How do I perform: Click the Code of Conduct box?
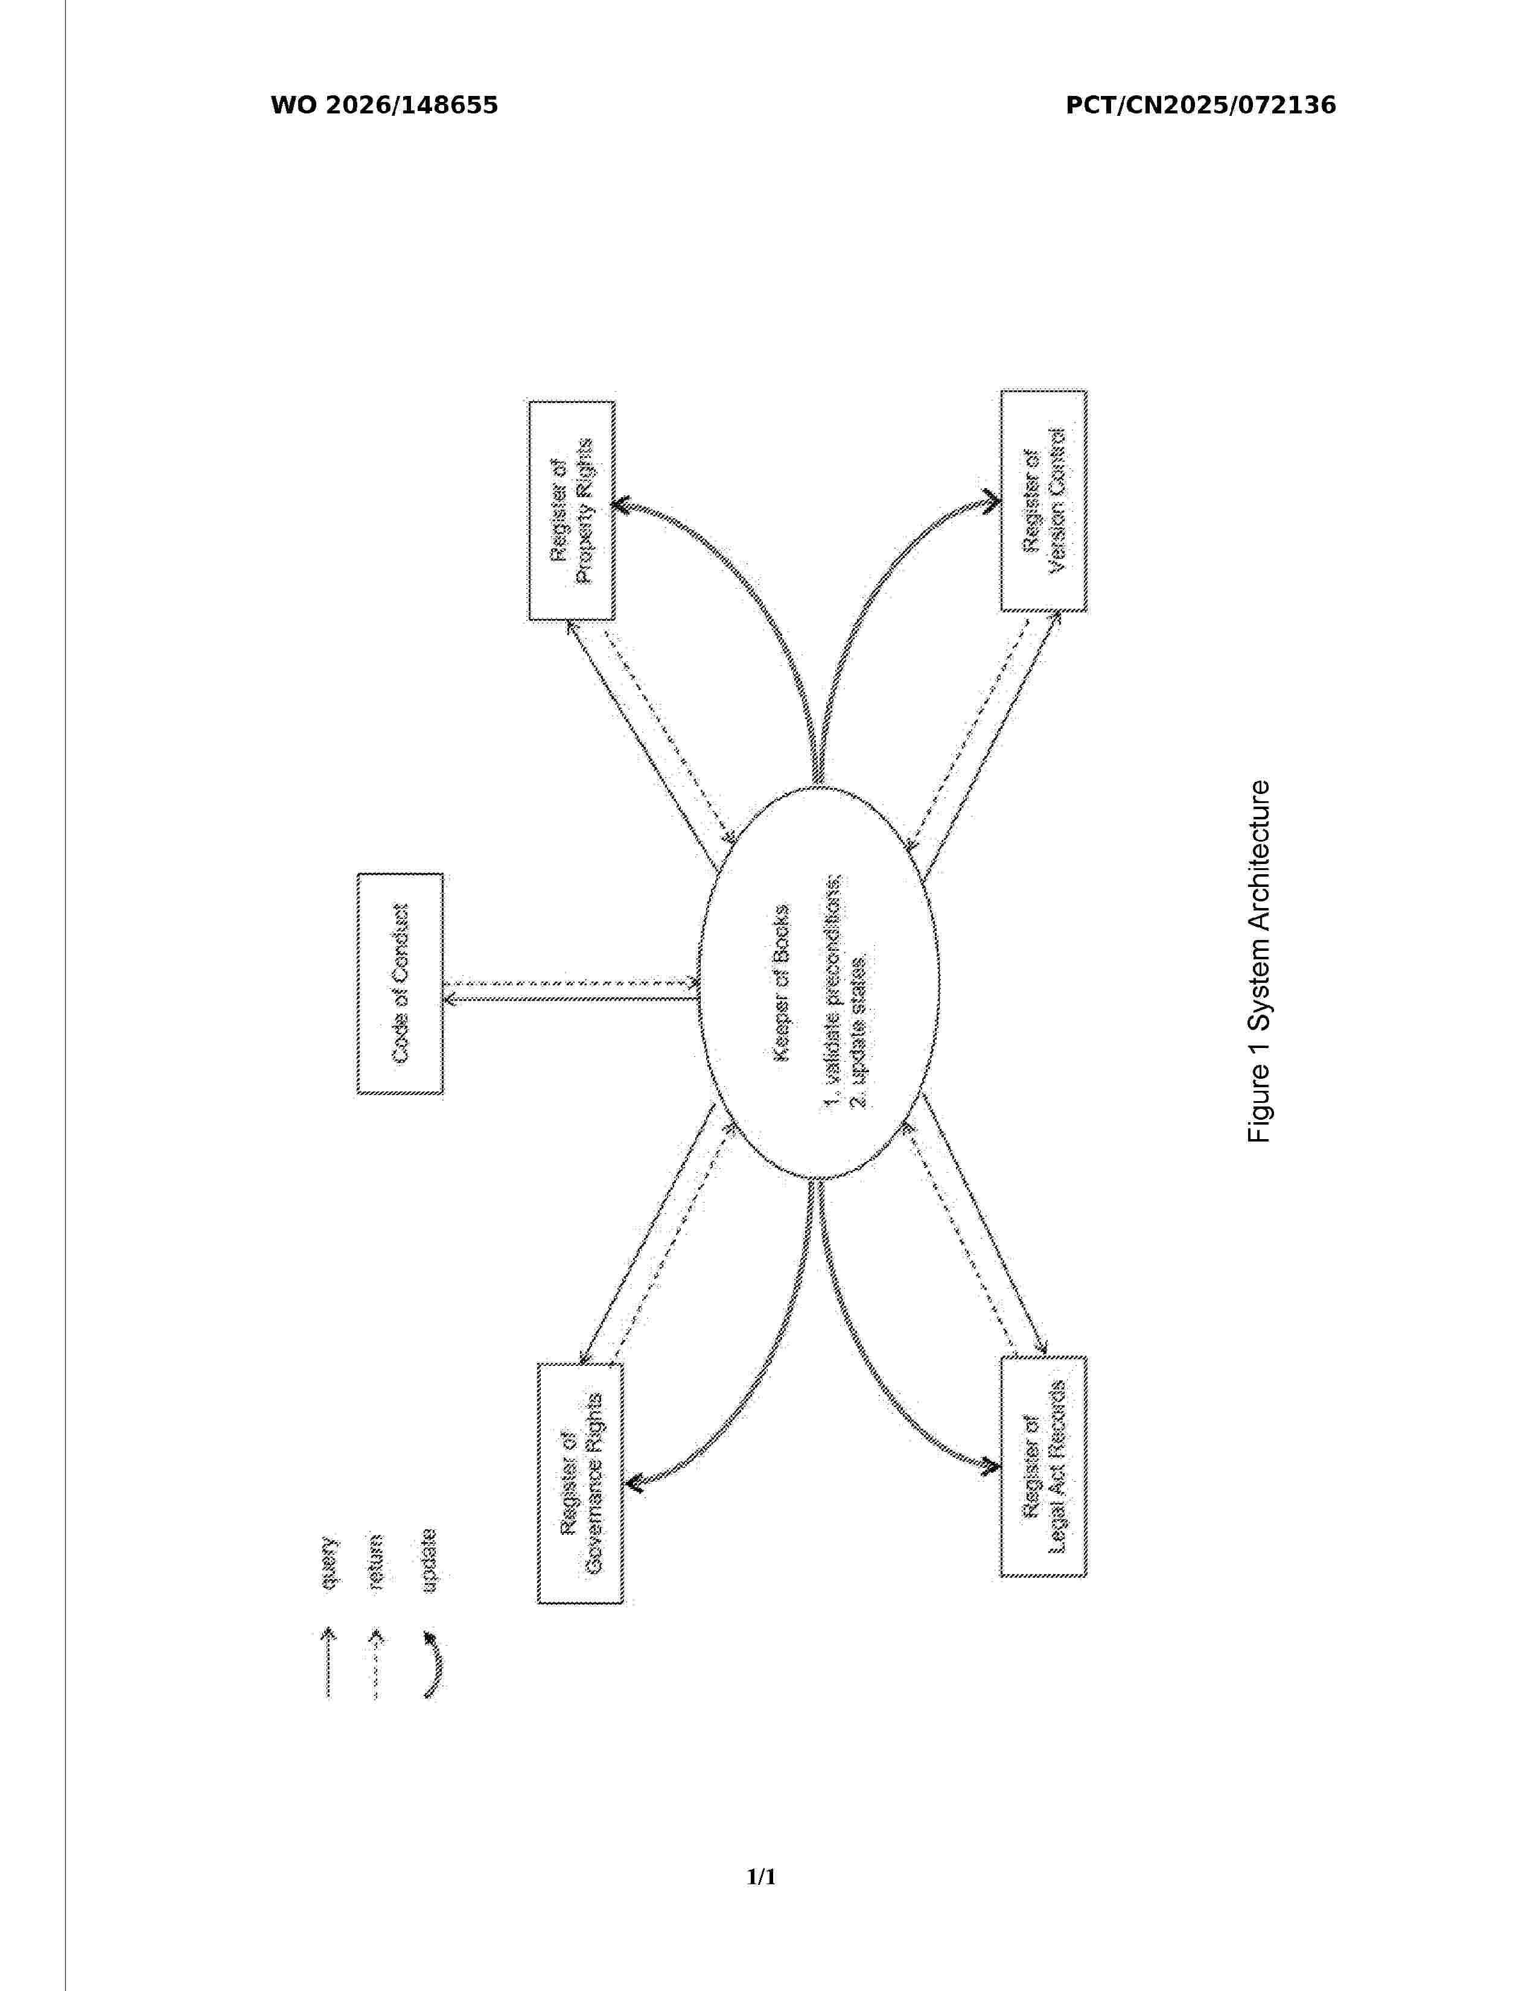[400, 983]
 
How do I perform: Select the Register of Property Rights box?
[572, 510]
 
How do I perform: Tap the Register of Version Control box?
[1044, 501]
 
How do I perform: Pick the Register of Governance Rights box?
[581, 1483]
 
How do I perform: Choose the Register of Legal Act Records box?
[1044, 1466]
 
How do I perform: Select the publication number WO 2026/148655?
[385, 106]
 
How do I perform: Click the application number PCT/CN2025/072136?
[1201, 106]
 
